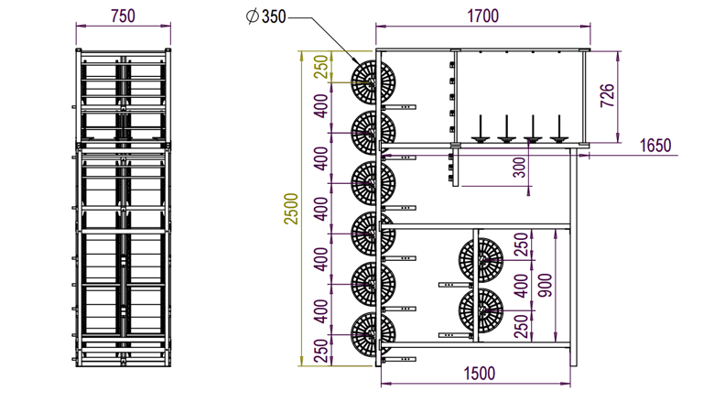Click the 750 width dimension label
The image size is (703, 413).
[x=123, y=16]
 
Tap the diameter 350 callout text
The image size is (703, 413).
[x=265, y=16]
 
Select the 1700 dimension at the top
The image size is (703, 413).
[x=483, y=16]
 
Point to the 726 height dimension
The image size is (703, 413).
[x=607, y=95]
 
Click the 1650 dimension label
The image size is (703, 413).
[x=655, y=146]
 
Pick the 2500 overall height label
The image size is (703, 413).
[x=291, y=209]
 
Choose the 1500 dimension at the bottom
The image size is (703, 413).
[x=480, y=374]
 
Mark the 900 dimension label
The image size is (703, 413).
[x=546, y=285]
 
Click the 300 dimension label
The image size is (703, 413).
[x=519, y=168]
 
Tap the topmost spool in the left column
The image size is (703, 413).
[x=373, y=82]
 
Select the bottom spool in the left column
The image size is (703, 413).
[x=373, y=334]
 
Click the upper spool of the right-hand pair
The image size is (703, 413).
[x=481, y=260]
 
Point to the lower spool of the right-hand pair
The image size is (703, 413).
[x=481, y=310]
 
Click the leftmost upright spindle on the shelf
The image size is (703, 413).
[x=481, y=129]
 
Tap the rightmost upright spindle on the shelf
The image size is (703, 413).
[x=558, y=129]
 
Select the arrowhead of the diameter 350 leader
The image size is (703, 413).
[x=355, y=61]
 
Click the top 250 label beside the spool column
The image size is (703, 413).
[x=321, y=67]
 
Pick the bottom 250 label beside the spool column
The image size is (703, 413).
[x=321, y=351]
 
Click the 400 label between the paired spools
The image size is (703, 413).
[x=520, y=286]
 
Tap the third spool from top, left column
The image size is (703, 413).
[x=373, y=183]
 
